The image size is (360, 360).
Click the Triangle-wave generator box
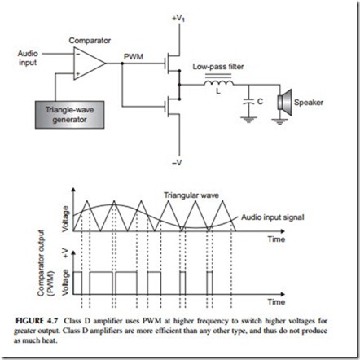point(69,115)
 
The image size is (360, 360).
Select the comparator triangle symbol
point(90,64)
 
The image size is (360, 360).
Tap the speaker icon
point(284,103)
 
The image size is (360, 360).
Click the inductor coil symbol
point(219,83)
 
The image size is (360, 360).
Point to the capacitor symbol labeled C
point(248,102)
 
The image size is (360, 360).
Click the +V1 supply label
point(178,19)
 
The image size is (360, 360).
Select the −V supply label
point(177,163)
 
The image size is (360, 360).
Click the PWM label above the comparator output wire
point(134,57)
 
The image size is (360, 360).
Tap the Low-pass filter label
point(218,67)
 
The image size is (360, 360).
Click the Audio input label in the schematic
point(28,58)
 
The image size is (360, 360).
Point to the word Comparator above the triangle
point(90,41)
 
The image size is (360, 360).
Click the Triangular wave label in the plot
point(191,195)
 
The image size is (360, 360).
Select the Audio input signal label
point(273,217)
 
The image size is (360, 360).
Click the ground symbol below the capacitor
point(248,120)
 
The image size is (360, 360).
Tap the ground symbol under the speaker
point(279,122)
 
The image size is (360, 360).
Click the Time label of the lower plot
point(276,302)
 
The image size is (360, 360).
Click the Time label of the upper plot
point(276,239)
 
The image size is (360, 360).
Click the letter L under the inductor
point(218,91)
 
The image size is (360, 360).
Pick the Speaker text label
point(309,103)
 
